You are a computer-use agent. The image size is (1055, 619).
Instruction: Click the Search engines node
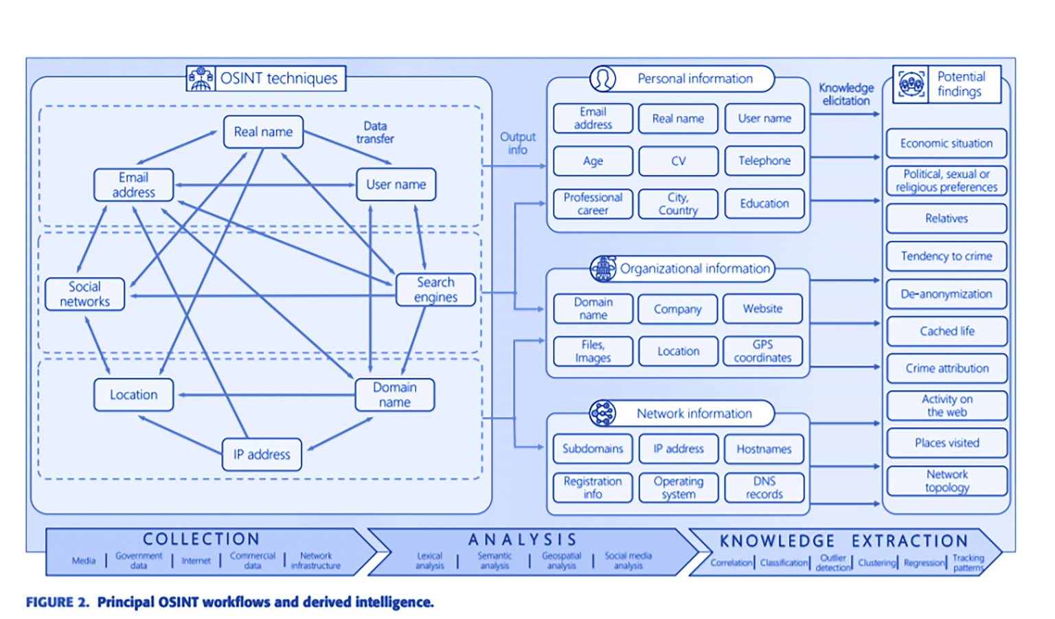[435, 290]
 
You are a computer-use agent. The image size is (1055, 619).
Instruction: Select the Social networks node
[84, 294]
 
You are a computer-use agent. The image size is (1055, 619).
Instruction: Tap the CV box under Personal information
[678, 161]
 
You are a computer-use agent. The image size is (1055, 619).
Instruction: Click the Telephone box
[764, 161]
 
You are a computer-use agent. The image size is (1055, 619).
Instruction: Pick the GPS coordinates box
[762, 351]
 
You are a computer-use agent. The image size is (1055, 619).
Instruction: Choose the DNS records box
[764, 488]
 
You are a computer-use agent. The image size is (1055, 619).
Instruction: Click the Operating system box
[678, 488]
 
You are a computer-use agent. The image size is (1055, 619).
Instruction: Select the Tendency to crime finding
[946, 256]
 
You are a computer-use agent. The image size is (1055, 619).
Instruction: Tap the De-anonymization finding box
[946, 294]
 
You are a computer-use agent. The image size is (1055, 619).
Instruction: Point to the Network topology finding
[946, 481]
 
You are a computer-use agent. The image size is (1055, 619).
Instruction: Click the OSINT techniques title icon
[201, 78]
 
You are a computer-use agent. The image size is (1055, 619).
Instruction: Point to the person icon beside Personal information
[602, 78]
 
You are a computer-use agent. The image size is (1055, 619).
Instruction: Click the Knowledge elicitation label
[846, 94]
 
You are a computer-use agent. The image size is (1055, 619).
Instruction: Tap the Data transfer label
[375, 132]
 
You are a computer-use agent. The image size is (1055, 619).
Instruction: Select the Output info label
[517, 144]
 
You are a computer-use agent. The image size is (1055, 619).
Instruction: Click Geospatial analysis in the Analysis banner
[561, 561]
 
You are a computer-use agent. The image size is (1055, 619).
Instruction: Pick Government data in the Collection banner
[139, 561]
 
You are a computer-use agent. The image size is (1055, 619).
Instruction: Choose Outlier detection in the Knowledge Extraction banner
[832, 563]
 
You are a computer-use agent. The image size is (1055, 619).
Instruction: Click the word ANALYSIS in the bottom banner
[522, 540]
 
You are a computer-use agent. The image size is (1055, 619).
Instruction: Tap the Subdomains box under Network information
[592, 449]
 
